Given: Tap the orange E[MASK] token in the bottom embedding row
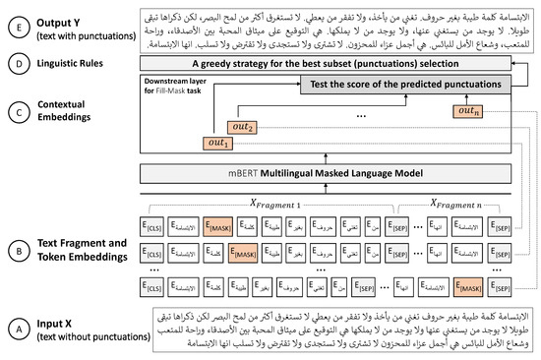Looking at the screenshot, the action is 470,287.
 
